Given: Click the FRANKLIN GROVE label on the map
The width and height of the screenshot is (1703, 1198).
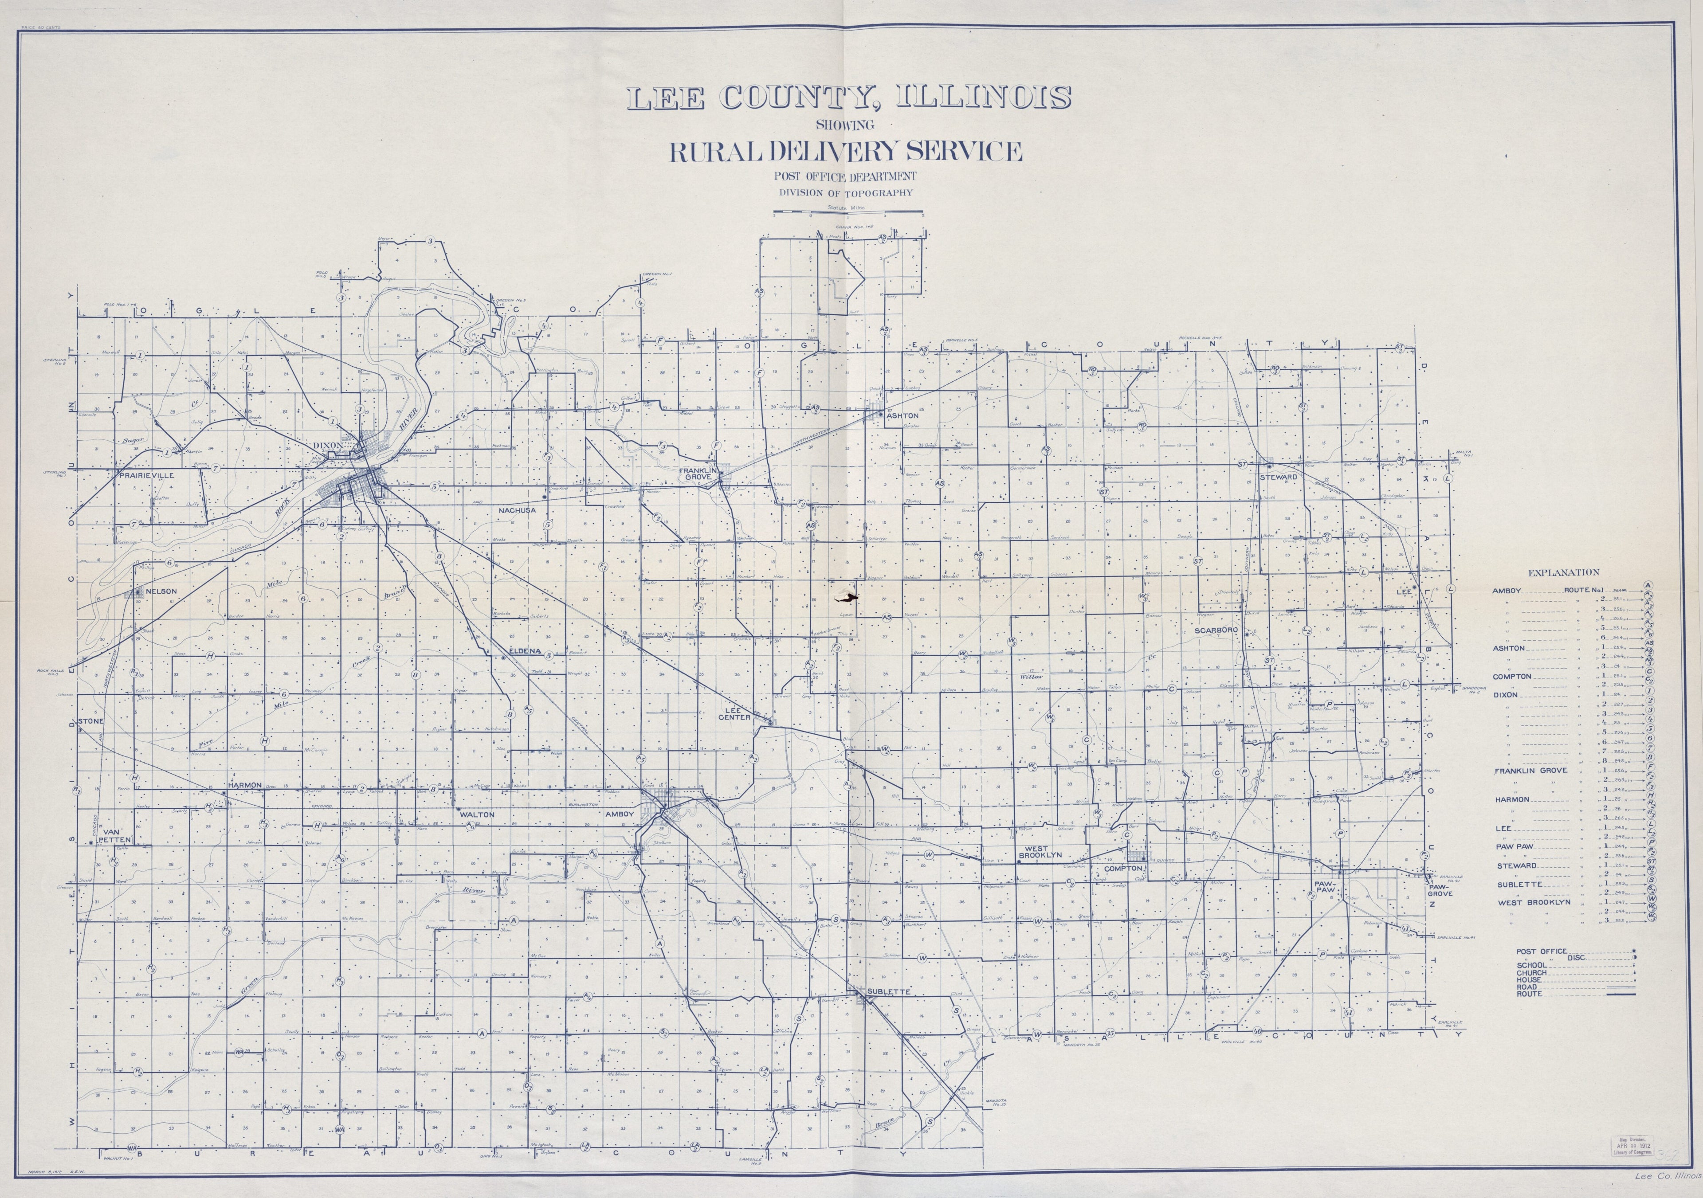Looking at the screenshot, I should click(x=698, y=475).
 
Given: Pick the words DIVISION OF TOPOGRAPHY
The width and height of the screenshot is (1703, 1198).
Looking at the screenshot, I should click(x=846, y=193).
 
